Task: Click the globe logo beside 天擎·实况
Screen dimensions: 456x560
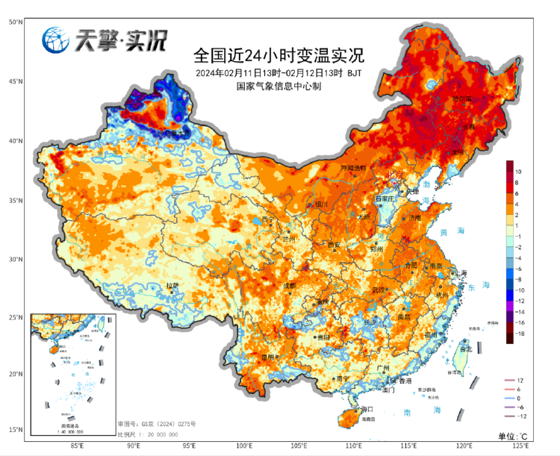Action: (x=55, y=40)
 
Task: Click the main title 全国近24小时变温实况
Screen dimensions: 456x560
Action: (x=278, y=56)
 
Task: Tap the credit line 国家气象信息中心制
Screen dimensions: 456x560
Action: (x=278, y=87)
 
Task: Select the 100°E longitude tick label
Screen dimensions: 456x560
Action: (x=244, y=446)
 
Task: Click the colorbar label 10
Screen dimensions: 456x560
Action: (x=518, y=172)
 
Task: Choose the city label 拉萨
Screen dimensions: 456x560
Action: (x=172, y=285)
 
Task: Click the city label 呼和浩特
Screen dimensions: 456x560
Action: (x=355, y=168)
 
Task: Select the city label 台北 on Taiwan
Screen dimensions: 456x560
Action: (x=466, y=349)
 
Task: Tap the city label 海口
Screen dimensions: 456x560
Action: (x=366, y=409)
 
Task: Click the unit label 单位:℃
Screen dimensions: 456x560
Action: (x=513, y=436)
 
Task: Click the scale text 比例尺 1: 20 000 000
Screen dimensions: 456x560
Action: (x=147, y=434)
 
